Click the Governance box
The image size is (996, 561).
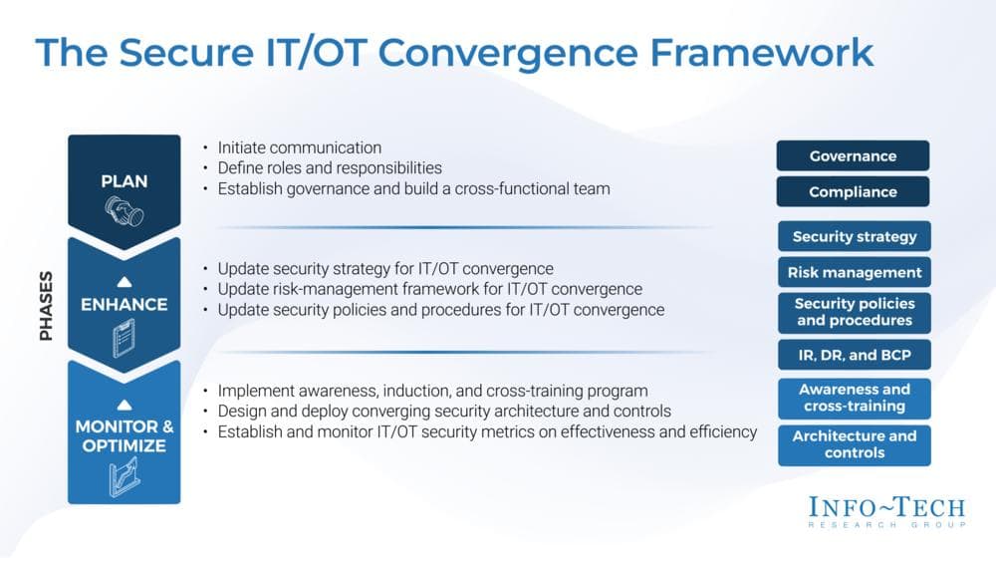click(853, 155)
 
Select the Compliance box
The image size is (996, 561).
click(853, 191)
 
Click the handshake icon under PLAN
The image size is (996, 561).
click(124, 212)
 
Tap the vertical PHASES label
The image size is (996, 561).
click(46, 305)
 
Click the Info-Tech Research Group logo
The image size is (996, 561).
click(885, 512)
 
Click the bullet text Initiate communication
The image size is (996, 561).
click(299, 147)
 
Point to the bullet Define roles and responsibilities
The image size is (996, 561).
click(329, 167)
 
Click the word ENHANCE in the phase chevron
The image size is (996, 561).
click(124, 305)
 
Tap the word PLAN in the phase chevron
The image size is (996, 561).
click(124, 180)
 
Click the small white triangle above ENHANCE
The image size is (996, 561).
click(124, 281)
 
